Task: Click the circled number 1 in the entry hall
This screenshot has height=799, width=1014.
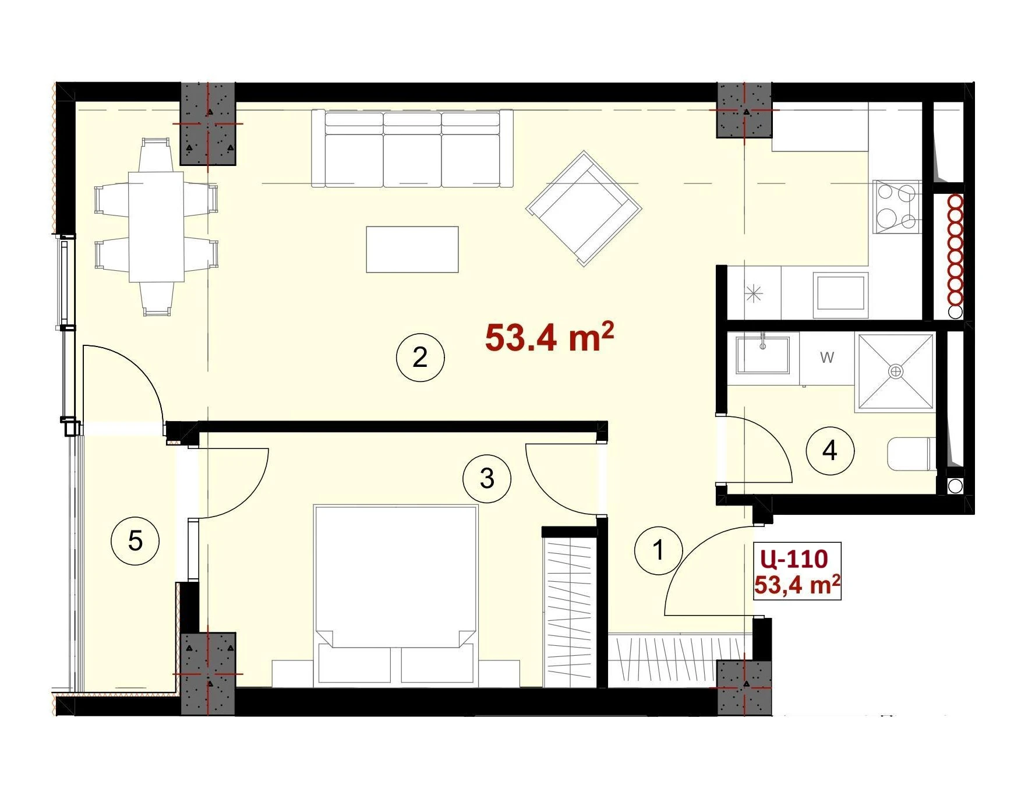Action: coord(658,550)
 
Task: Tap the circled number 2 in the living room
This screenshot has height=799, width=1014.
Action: coord(420,357)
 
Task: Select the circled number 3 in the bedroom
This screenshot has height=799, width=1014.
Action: coord(487,479)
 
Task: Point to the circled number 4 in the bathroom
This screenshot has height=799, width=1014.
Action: coord(830,450)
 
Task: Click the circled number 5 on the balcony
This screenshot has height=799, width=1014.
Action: coord(135,541)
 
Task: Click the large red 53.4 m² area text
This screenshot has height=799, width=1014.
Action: coord(549,337)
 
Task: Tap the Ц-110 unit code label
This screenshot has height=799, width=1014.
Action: coord(794,558)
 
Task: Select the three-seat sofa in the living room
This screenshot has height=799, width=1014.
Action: coord(412,149)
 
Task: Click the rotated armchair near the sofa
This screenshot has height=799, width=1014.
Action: coord(584,208)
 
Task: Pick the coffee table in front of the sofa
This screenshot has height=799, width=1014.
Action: coord(412,249)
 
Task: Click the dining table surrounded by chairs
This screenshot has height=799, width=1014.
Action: coord(156,227)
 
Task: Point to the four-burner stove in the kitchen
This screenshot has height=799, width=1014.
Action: coord(897,206)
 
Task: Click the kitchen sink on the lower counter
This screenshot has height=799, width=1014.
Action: coord(840,293)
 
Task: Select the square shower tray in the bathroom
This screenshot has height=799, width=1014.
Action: coord(895,372)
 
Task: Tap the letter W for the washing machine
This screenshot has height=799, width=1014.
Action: coord(827,358)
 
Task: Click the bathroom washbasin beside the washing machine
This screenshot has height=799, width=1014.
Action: coord(763,354)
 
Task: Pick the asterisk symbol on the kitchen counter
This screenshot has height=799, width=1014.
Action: coord(754,294)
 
